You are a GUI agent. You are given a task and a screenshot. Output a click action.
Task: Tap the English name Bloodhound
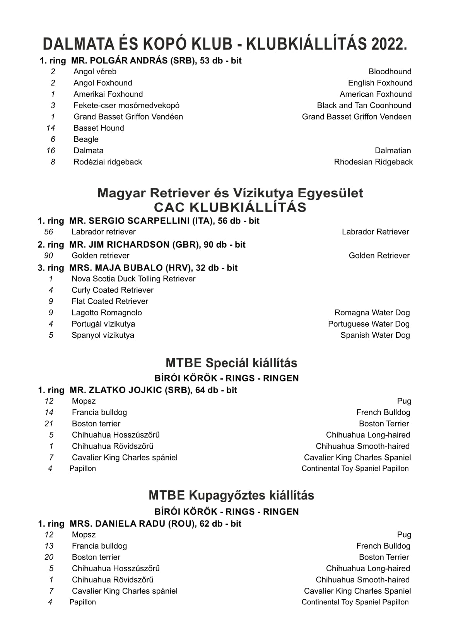pos(390,72)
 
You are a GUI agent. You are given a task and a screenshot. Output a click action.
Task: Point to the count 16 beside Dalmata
pos(51,151)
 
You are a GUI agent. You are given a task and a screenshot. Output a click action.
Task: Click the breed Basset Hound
pos(99,128)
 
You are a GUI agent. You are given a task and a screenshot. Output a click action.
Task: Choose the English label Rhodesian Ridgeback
pos(373,162)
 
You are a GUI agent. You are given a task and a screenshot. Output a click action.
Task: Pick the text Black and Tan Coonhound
pos(364,105)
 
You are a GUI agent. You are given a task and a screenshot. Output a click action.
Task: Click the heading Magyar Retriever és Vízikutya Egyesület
pos(230,193)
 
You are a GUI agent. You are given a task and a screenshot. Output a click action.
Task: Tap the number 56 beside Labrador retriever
pos(49,232)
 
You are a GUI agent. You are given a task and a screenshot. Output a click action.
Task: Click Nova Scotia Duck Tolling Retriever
pos(133,279)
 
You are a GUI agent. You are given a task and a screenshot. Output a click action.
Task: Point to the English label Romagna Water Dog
pos(372,313)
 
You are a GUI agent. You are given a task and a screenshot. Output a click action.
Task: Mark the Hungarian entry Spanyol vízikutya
pos(103,335)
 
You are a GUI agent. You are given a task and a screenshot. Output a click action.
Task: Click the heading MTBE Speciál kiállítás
pos(231,363)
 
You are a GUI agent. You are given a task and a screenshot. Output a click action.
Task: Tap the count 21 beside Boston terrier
pos(49,424)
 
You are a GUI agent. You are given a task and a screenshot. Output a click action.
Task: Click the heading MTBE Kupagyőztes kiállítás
pos(231,495)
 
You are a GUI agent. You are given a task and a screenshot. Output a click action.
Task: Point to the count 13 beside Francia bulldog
pos(49,546)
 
